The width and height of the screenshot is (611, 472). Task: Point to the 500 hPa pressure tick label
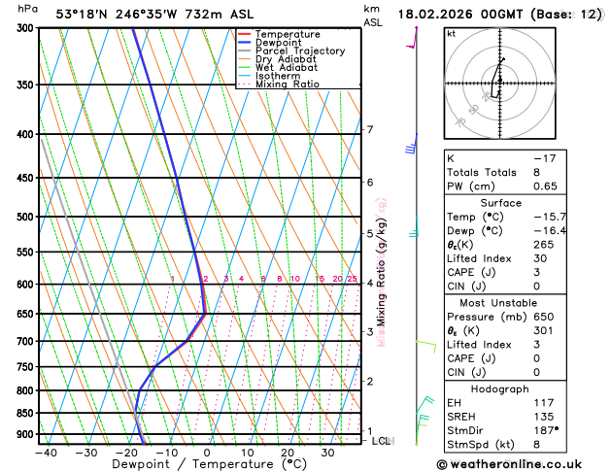pos(23,217)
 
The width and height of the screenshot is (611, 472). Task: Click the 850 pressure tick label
pos(23,413)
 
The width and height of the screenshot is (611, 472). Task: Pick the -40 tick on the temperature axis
pos(46,453)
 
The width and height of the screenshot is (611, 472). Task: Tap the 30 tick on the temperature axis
pos(328,453)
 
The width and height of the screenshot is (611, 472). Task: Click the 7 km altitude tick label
pos(369,130)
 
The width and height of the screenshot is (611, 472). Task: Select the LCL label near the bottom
pos(382,441)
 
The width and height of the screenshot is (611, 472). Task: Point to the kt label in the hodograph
pos(451,33)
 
